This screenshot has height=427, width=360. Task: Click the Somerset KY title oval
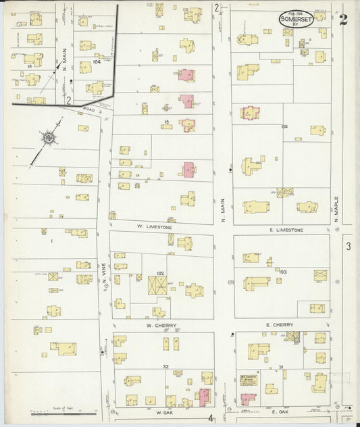pyautogui.click(x=295, y=19)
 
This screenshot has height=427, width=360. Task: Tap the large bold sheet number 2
pyautogui.click(x=344, y=19)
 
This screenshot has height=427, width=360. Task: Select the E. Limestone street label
pyautogui.click(x=286, y=230)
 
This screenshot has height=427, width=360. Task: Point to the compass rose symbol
pyautogui.click(x=49, y=139)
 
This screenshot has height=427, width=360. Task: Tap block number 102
pyautogui.click(x=160, y=273)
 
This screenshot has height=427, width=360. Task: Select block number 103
pyautogui.click(x=282, y=272)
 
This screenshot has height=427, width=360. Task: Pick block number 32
pyautogui.click(x=165, y=366)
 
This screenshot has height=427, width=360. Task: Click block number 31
pyautogui.click(x=280, y=367)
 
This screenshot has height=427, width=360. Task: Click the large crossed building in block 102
pyautogui.click(x=159, y=286)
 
